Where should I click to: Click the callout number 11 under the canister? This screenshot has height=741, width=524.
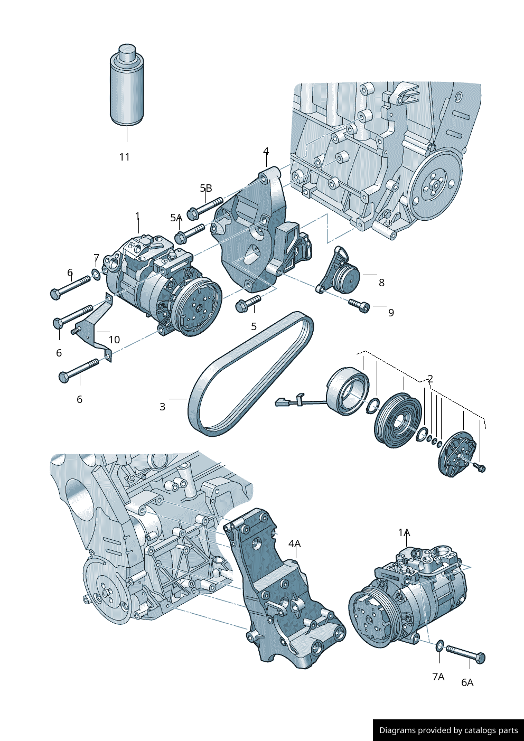point(124,157)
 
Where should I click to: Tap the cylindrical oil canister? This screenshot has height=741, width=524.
point(127,85)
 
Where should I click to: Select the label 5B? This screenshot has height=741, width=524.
point(206,188)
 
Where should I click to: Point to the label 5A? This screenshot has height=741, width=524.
point(176,218)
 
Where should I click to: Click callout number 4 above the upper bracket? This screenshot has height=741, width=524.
point(266,151)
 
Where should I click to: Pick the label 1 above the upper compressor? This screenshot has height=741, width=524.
point(138,216)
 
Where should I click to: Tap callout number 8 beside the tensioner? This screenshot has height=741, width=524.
point(381,283)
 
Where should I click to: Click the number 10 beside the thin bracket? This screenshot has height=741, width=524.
point(114,340)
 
